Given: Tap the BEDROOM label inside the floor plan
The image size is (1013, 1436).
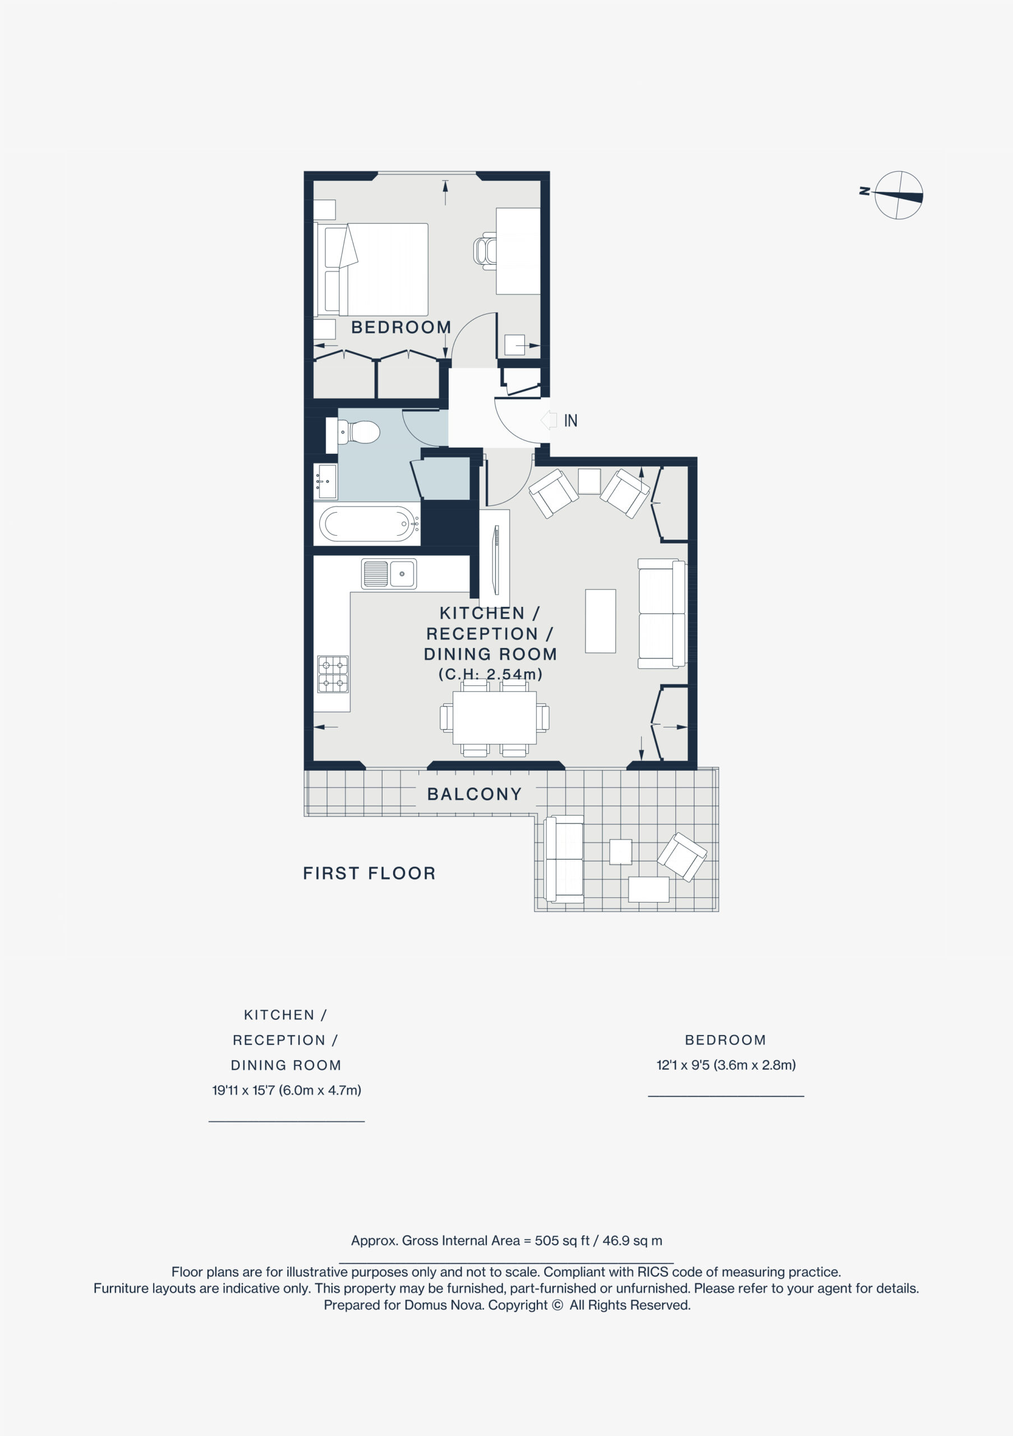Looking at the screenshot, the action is [401, 327].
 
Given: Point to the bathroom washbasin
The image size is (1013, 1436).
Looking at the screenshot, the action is [325, 481].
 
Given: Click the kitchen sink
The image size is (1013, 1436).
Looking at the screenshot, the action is [388, 573].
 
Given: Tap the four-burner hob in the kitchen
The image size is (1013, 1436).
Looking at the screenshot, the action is [333, 674].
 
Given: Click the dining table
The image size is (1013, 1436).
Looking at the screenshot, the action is [494, 717].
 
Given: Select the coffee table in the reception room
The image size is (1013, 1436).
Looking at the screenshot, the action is [600, 620].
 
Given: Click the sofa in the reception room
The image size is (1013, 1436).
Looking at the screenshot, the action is [661, 614].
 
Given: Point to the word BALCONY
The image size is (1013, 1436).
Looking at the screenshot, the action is [474, 794].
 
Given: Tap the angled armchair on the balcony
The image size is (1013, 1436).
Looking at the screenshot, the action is [682, 855].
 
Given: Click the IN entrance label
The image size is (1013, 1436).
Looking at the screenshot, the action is [570, 421].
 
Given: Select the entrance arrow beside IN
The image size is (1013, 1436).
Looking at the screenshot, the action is [549, 420].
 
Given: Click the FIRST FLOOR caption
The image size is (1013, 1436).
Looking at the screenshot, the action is [369, 873].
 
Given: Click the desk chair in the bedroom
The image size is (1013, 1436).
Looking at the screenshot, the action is [485, 251].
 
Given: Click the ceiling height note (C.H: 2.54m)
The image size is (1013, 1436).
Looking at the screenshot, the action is [490, 674].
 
